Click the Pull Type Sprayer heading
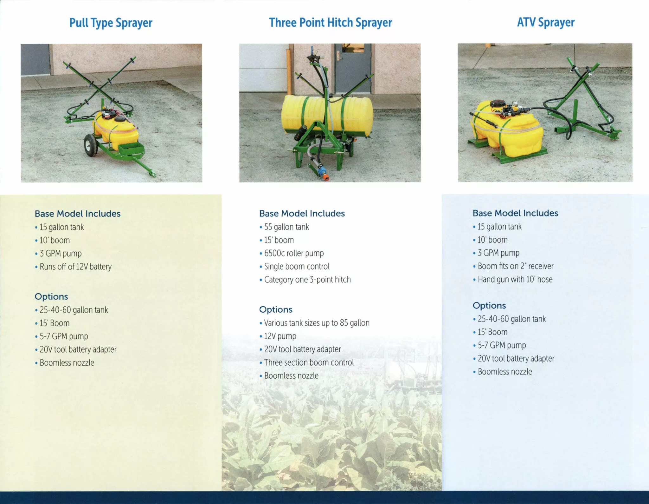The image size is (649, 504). (111, 23)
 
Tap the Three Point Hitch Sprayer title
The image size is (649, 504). (331, 23)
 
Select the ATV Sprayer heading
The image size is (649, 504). (546, 23)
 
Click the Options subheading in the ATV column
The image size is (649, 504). (489, 306)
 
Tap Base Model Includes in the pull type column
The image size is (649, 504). (78, 214)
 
